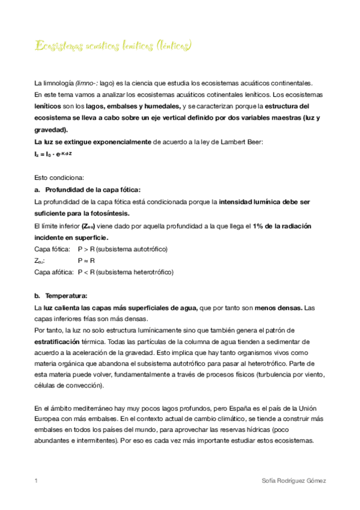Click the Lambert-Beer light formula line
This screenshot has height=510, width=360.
click(x=53, y=154)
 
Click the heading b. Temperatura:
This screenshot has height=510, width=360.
click(x=61, y=295)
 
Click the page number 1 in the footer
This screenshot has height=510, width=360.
click(x=37, y=481)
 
